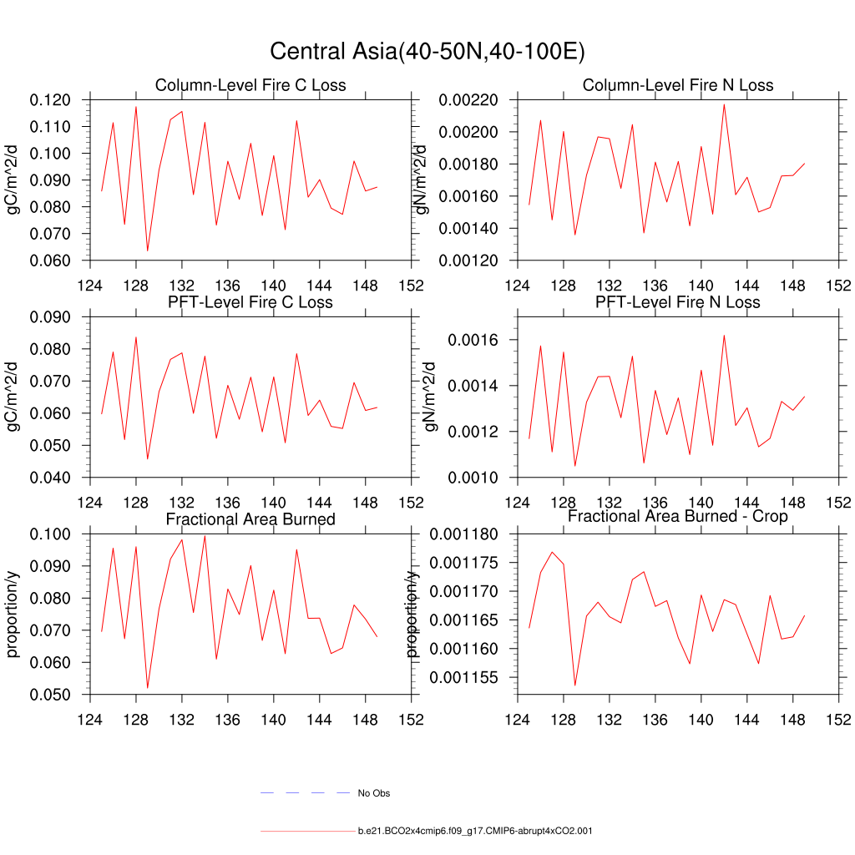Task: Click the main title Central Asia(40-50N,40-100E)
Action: (427, 52)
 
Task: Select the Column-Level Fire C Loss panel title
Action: (250, 85)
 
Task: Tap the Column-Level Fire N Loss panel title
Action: (678, 85)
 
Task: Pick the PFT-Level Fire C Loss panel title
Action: (250, 301)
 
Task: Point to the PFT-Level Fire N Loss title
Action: (678, 301)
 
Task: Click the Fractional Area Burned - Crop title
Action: (678, 516)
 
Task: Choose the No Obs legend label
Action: (373, 793)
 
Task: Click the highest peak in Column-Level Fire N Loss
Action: (724, 104)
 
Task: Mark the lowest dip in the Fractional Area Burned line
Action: (148, 688)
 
